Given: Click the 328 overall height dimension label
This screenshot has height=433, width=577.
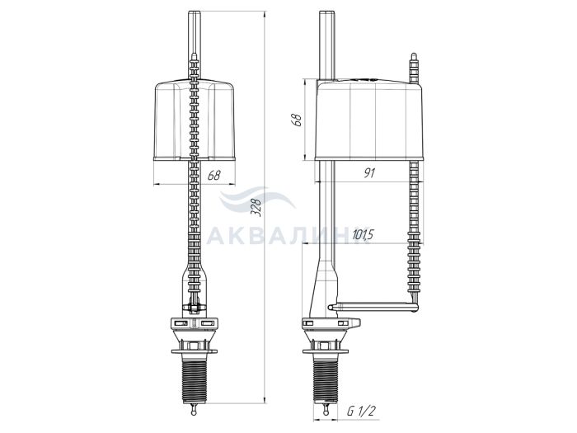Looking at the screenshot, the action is (x=256, y=207).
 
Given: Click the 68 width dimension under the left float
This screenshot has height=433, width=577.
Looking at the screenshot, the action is (x=213, y=175).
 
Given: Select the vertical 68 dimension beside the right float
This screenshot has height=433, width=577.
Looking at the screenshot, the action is (x=297, y=120).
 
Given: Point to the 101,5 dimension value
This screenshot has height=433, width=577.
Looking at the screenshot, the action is (x=363, y=234).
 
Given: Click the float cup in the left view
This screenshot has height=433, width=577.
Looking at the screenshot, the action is (x=195, y=120).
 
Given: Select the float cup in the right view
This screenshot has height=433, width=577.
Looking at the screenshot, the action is (x=369, y=120).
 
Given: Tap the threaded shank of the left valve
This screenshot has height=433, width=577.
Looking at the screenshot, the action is (x=195, y=379).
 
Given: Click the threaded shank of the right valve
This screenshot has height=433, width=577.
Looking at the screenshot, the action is (x=326, y=379).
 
